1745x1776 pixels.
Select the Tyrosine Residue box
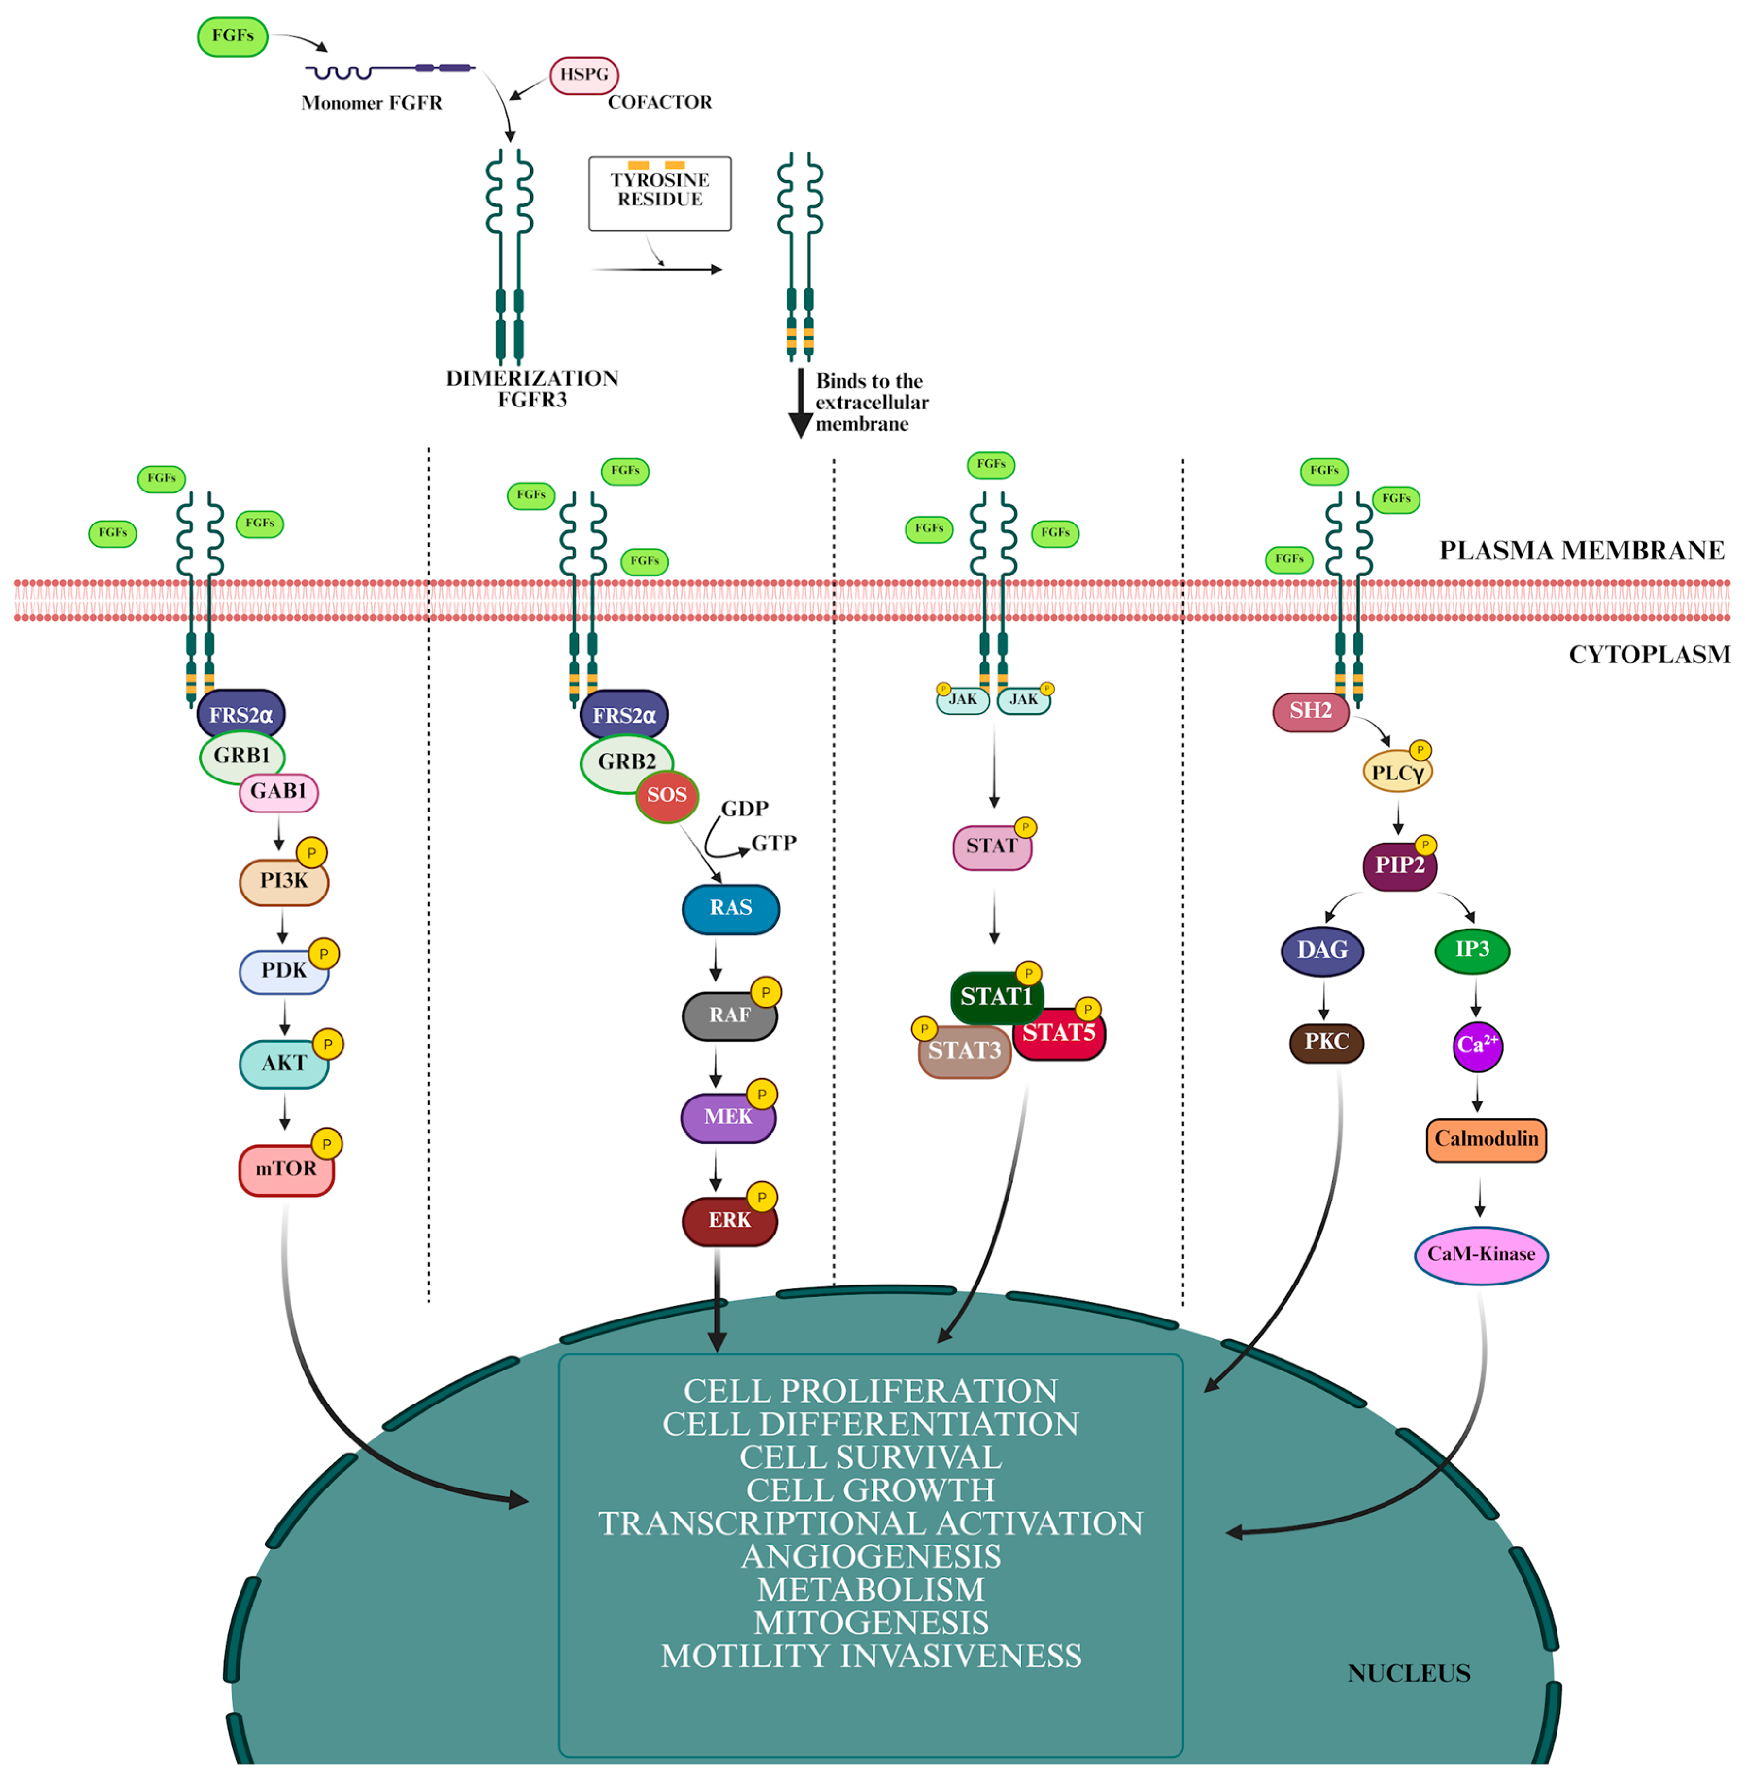pyautogui.click(x=660, y=193)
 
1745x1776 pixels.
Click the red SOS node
pyautogui.click(x=667, y=795)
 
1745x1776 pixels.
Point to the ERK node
pyautogui.click(x=730, y=1220)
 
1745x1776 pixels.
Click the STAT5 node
pyautogui.click(x=1060, y=1034)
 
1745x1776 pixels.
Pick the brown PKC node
pyautogui.click(x=1326, y=1043)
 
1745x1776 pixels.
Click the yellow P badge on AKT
pyautogui.click(x=328, y=1044)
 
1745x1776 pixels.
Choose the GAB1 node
pyautogui.click(x=279, y=792)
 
